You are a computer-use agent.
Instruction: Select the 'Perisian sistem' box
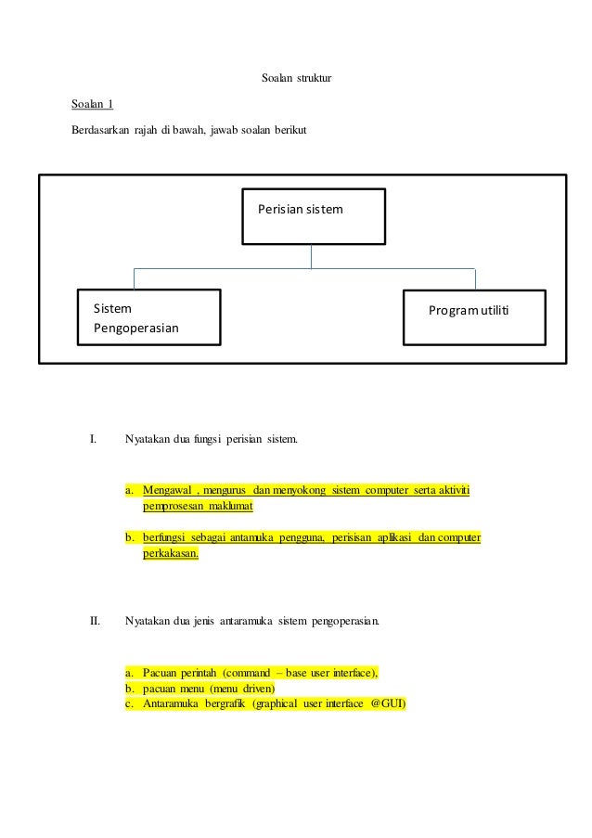coord(313,217)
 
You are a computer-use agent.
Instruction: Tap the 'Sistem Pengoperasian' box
coord(148,317)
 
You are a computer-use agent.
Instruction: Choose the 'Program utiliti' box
coord(474,317)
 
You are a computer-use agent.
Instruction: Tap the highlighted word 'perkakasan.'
coord(171,554)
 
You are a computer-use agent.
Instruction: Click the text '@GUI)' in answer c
coord(388,703)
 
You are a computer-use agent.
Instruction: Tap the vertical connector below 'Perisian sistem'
coord(312,256)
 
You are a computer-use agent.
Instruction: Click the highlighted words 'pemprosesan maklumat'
coord(198,507)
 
